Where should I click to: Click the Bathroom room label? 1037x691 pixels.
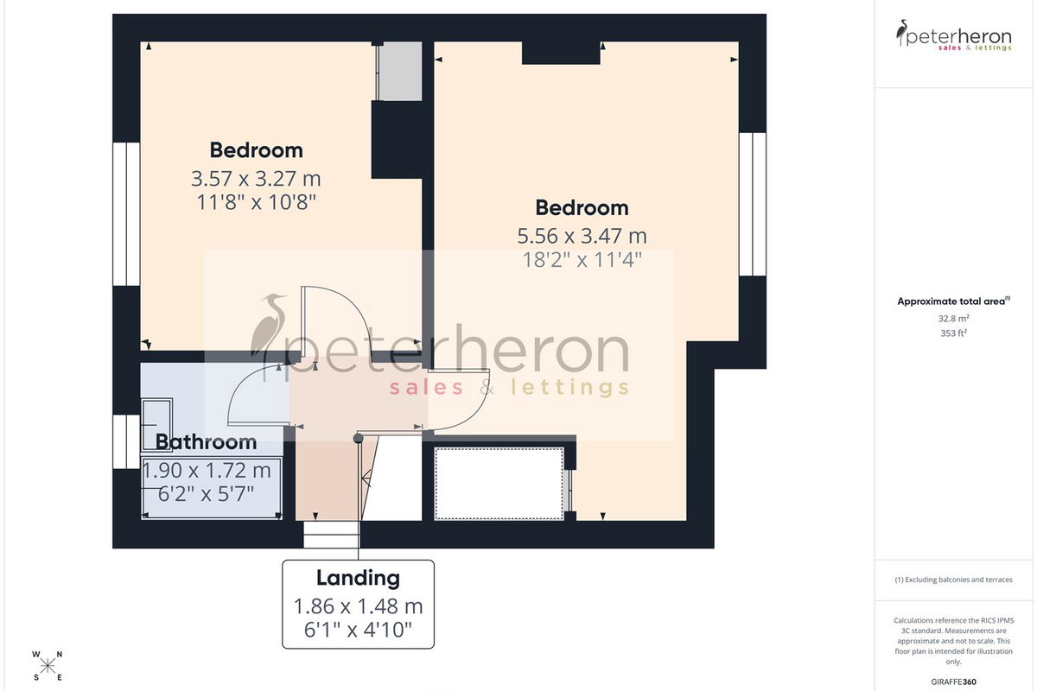coord(206,442)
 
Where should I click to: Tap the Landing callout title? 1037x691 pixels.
coord(358,578)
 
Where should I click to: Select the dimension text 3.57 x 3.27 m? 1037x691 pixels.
coord(256,179)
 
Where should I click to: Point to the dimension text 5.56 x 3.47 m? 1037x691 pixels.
coord(582,236)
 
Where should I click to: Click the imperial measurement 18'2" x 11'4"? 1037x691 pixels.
coord(582,260)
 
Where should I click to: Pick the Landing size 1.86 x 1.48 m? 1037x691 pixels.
coord(359,606)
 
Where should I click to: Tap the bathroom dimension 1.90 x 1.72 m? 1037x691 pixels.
coord(207,471)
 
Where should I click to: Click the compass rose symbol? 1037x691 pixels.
coord(48,667)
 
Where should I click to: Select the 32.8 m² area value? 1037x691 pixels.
coord(954,319)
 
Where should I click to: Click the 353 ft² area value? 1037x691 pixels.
coord(954,333)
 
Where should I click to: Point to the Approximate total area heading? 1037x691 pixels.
coord(954,301)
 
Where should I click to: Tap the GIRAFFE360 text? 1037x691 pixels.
coord(954,681)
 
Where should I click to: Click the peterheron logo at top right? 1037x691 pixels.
coord(954,35)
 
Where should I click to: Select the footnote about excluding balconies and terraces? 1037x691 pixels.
coord(954,580)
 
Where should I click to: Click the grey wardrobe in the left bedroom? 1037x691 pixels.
coord(398,72)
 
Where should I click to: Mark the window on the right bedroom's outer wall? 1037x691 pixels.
coord(753,204)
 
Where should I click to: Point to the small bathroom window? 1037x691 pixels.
coord(126,441)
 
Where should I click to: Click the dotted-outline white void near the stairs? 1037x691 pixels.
coord(499,484)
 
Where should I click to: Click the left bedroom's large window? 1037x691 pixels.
coord(126,214)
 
